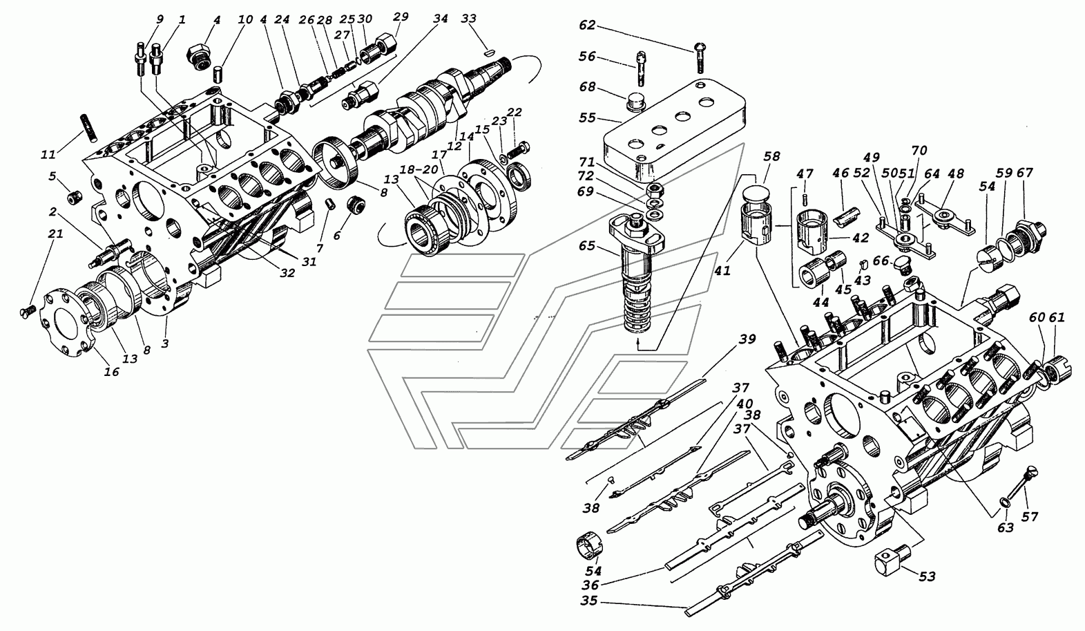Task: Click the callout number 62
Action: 587,25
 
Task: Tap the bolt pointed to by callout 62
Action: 700,59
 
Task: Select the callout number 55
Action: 587,117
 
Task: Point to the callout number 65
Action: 586,246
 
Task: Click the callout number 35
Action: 590,601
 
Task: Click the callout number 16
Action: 111,372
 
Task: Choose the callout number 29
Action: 401,17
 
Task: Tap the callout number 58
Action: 771,156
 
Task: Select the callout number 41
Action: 722,272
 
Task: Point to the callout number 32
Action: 287,273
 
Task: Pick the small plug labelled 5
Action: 74,198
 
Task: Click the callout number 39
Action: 747,339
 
